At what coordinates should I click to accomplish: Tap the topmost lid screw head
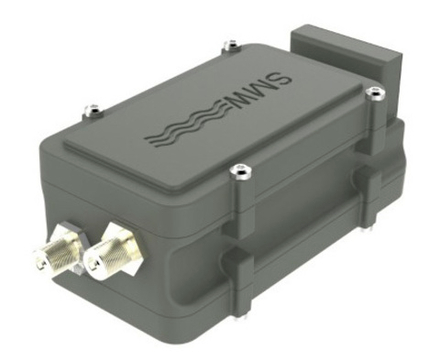[x=231, y=44]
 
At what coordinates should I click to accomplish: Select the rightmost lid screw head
[x=376, y=92]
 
